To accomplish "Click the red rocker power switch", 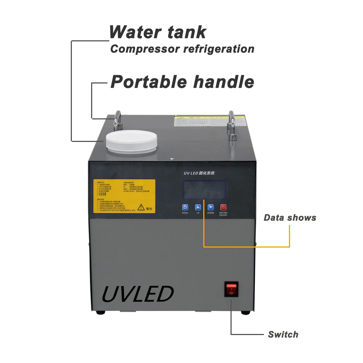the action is click(231, 289).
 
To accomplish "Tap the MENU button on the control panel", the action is click(185, 207).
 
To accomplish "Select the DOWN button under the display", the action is click(211, 207).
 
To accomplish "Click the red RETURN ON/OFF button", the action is click(223, 207).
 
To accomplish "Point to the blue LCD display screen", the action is click(204, 189).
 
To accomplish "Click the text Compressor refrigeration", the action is click(182, 49).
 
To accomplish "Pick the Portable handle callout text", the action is click(182, 82).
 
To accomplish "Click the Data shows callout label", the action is click(290, 218).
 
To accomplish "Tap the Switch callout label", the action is click(283, 334).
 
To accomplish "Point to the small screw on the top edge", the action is click(171, 158).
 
